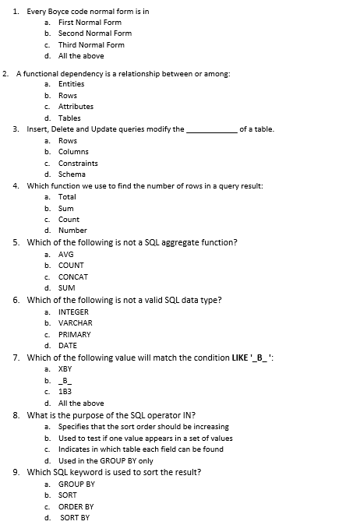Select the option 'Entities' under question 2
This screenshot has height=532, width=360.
tap(71, 84)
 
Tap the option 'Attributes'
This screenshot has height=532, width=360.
tap(76, 107)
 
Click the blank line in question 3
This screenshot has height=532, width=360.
tap(211, 130)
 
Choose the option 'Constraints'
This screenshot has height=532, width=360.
tap(78, 164)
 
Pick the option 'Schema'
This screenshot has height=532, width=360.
tap(72, 174)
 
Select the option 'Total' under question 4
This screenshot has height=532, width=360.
tap(69, 197)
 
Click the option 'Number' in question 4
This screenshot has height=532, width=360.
tap(72, 231)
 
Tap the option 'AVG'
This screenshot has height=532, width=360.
tap(65, 254)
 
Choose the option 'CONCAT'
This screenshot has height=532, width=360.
tap(73, 277)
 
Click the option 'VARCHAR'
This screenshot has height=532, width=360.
tap(75, 322)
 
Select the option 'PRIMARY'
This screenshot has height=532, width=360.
tap(74, 334)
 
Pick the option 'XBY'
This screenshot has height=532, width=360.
tap(65, 369)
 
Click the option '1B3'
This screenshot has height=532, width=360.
tap(65, 392)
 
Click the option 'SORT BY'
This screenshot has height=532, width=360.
tap(75, 517)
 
